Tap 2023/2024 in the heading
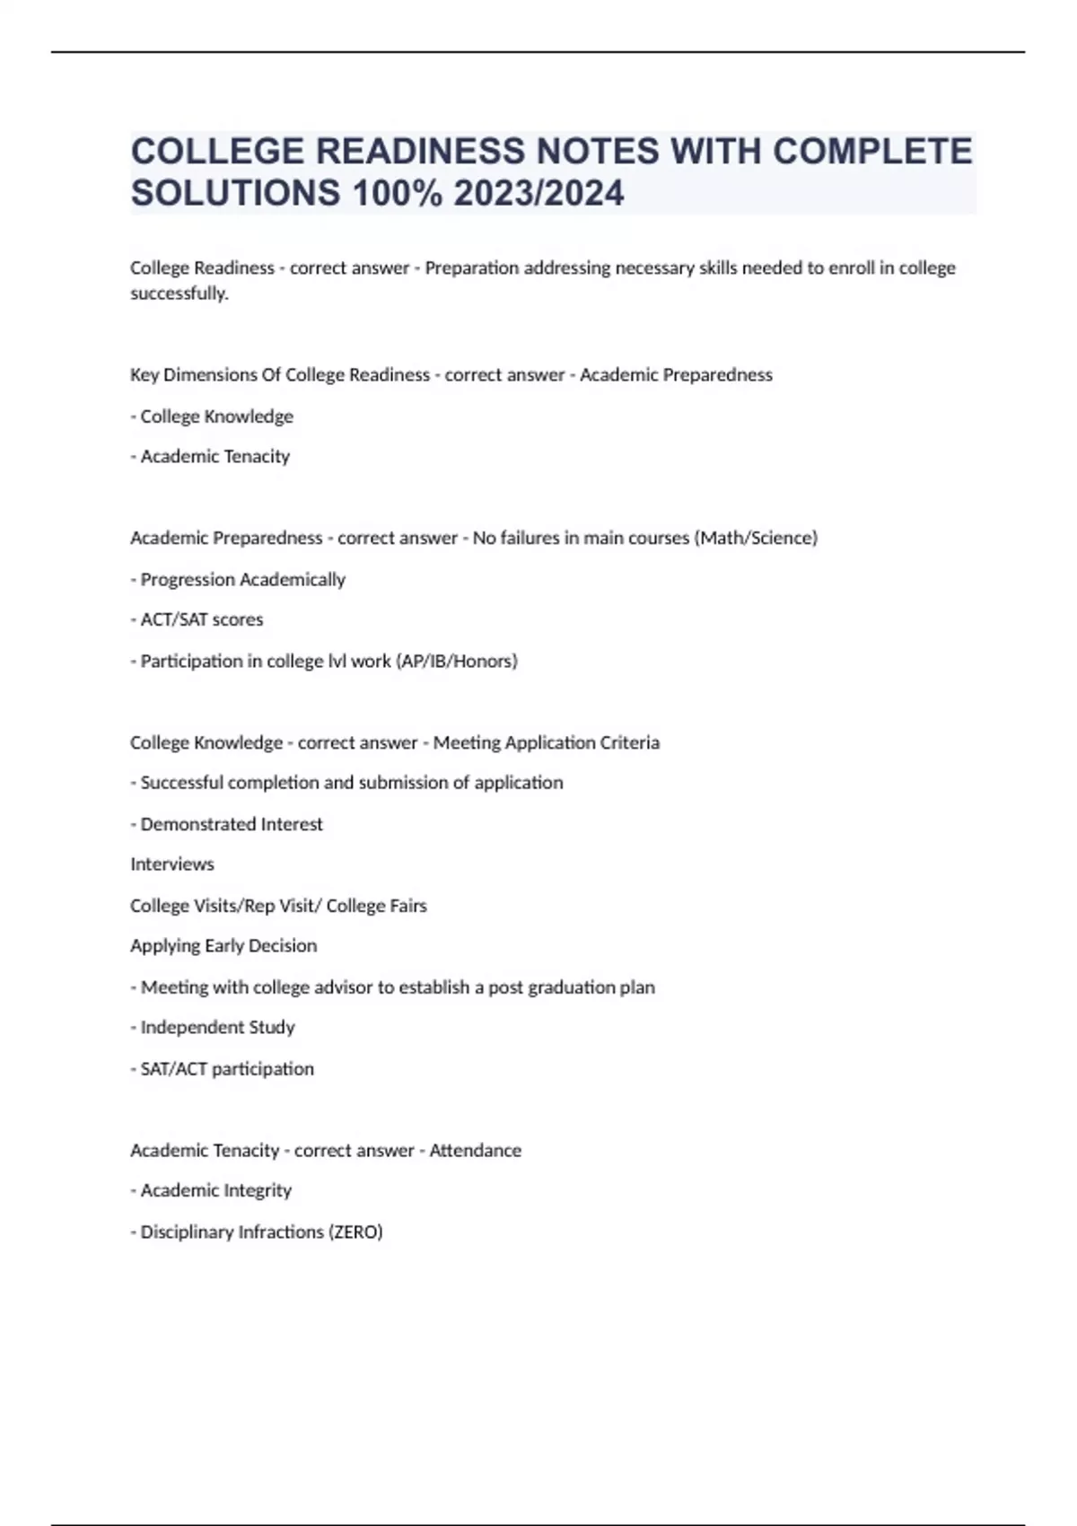tap(538, 193)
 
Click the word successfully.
tap(179, 294)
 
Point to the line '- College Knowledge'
tap(212, 417)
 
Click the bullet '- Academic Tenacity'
tap(210, 457)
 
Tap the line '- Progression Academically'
tap(238, 580)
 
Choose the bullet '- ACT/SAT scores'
tap(197, 619)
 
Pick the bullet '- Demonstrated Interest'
tap(226, 824)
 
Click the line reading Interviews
tap(172, 864)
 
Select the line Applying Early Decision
tap(223, 946)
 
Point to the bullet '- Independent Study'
tap(213, 1027)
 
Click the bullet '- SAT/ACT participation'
tap(223, 1069)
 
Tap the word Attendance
tap(475, 1150)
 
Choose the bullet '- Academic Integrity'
tap(211, 1190)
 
